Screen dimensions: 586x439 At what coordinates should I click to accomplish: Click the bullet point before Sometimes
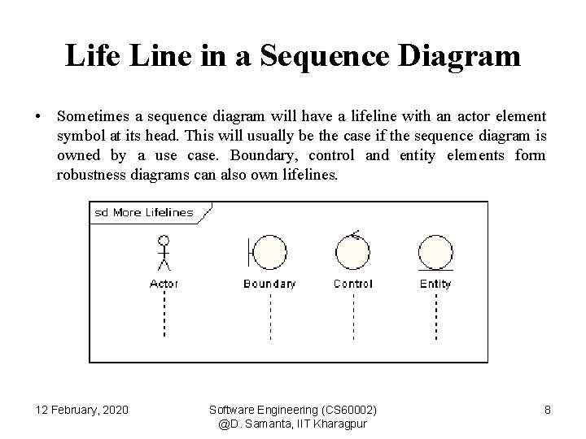click(39, 118)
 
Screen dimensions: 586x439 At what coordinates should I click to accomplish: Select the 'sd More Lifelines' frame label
click(144, 213)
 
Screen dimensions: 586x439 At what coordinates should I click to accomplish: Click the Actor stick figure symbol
click(164, 253)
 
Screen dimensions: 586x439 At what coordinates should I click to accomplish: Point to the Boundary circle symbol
click(269, 252)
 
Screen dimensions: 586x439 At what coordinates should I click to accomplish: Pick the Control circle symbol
click(352, 252)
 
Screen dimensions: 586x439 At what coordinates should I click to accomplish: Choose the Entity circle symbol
click(435, 252)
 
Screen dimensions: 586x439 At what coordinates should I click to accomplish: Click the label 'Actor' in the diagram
click(164, 284)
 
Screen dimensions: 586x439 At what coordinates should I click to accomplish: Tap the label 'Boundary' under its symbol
click(269, 284)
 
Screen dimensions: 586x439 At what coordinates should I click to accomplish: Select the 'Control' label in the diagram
click(352, 284)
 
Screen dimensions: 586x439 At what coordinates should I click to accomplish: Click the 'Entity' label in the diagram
click(435, 284)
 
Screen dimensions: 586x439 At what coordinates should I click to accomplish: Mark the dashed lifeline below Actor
click(164, 314)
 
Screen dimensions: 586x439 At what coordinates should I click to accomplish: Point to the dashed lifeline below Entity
click(435, 314)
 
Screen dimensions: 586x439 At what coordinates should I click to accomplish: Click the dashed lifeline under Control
click(352, 314)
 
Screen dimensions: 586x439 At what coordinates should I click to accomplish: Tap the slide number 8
click(548, 410)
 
